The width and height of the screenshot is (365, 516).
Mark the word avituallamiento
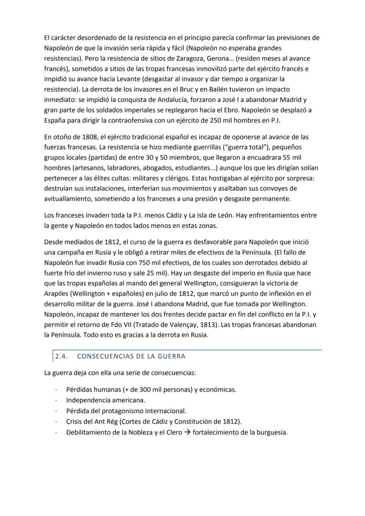pos(68,199)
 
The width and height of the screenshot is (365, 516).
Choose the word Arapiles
pos(57,293)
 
